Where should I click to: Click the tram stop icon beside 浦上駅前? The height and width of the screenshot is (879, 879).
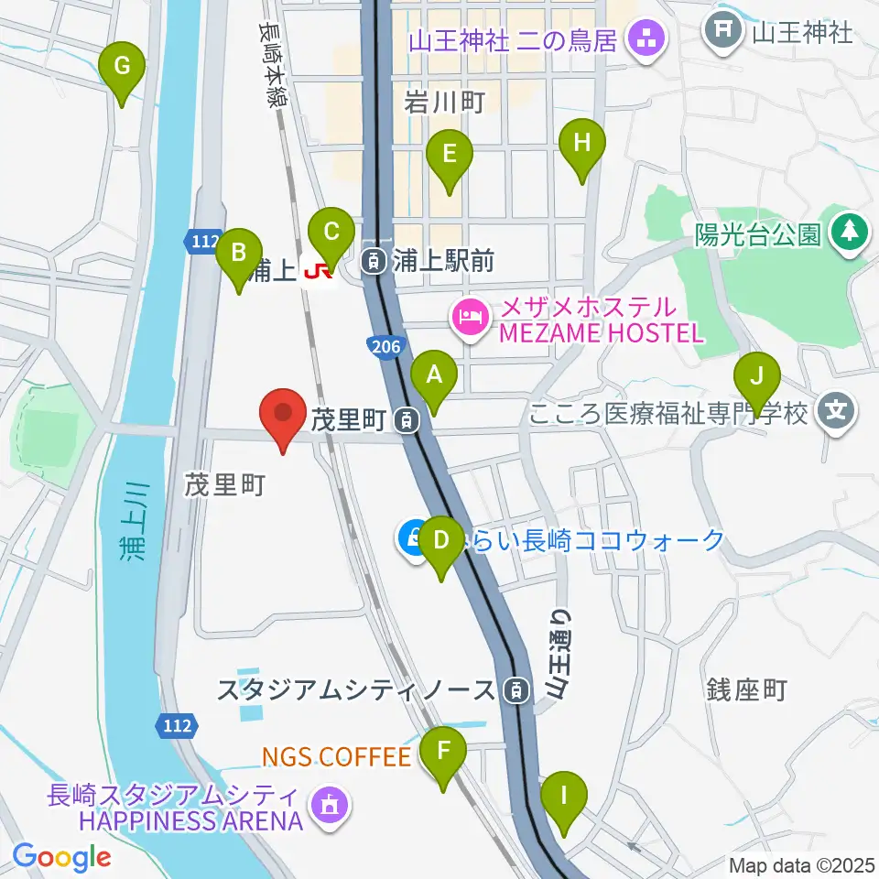point(374,262)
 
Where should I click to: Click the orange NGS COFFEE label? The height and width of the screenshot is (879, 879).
point(336,756)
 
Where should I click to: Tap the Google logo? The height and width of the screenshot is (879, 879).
point(61,857)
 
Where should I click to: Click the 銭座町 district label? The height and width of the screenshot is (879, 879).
point(748,690)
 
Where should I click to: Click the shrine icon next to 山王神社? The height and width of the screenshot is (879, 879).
point(723,32)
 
